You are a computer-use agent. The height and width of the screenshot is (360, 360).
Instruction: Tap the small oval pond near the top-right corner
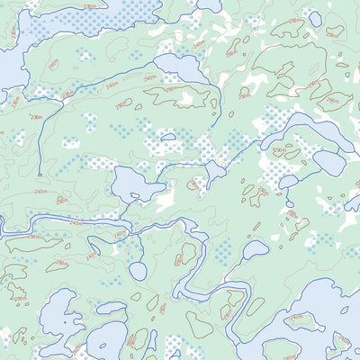click(x=315, y=17)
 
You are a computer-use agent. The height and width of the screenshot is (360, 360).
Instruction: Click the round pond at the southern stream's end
click(x=138, y=270)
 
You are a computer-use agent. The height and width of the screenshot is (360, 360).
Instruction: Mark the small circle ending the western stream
click(x=40, y=175)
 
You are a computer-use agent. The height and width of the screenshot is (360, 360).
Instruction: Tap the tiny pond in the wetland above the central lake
click(x=167, y=138)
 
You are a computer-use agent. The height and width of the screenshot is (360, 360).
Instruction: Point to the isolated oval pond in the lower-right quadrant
click(x=255, y=249)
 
